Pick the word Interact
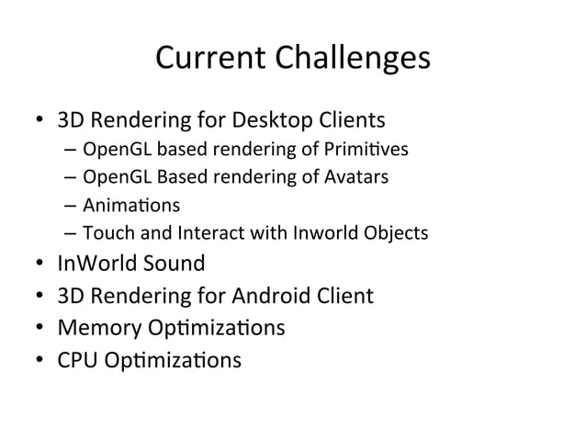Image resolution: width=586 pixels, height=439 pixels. (194, 233)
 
